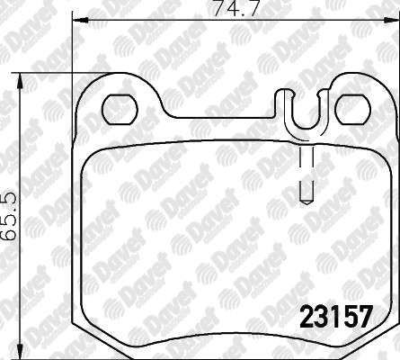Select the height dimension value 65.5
point(8,216)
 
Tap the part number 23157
point(336,317)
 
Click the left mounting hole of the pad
point(120,109)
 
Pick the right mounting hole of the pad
point(353,109)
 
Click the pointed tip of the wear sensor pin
point(307,204)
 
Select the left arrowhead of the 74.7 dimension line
point(80,21)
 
